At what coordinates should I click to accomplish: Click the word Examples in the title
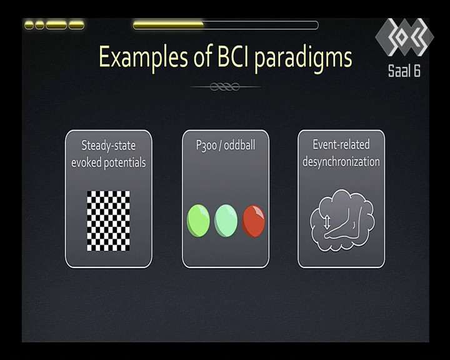143,57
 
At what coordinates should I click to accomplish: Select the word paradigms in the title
303,58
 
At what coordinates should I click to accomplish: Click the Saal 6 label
404,71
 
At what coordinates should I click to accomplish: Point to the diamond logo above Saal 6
404,37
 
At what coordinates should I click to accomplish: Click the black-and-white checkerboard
108,221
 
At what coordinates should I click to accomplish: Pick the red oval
253,221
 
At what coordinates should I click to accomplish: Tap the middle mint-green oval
226,221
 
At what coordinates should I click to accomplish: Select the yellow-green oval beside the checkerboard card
198,221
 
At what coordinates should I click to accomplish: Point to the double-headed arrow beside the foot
327,222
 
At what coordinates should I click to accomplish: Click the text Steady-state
109,146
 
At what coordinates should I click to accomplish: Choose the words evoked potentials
109,162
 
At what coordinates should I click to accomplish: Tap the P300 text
206,145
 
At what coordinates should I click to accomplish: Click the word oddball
239,145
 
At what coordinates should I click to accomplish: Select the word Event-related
341,144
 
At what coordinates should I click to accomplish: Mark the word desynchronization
341,162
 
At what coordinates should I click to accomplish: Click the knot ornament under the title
225,86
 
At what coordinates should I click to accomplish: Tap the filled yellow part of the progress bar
169,25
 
